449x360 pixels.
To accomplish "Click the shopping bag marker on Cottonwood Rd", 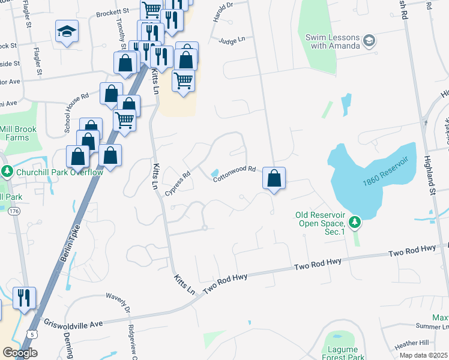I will click(274, 178).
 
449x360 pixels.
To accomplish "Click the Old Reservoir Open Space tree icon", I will click(355, 223).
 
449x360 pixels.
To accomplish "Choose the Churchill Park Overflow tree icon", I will click(7, 172).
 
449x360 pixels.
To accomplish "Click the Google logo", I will click(20, 353).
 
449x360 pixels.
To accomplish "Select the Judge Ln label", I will click(232, 40).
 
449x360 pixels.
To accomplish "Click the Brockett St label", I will click(114, 11).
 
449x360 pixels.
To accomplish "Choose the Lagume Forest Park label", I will click(343, 353).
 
